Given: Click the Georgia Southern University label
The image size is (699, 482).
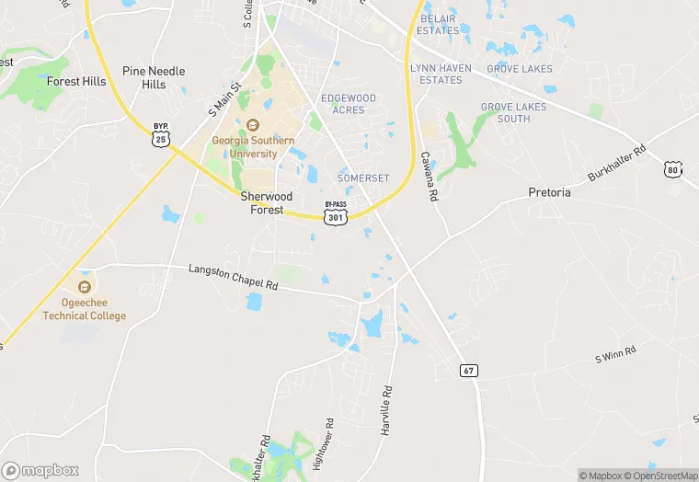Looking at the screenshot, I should click(x=253, y=147).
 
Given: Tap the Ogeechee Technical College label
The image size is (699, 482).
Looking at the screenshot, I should click(x=85, y=310).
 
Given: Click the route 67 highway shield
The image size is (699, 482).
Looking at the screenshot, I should click(x=469, y=371).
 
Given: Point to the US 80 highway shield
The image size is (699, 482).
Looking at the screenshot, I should click(x=673, y=169).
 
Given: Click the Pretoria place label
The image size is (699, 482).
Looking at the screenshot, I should click(x=549, y=193).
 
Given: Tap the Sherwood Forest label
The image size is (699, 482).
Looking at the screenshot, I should click(x=267, y=203).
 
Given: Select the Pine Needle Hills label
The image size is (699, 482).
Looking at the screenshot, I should click(x=154, y=77).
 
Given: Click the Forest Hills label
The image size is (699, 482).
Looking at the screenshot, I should click(x=75, y=81).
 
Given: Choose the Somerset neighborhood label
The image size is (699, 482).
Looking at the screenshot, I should click(x=363, y=178).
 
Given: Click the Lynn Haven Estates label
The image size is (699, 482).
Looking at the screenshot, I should click(x=441, y=75).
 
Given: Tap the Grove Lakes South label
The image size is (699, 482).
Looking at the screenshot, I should click(x=512, y=112).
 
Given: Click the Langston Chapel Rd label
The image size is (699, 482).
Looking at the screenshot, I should click(x=233, y=278).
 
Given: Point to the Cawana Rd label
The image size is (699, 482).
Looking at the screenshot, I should click(x=429, y=177).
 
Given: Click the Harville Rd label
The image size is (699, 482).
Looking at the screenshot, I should click(x=387, y=408).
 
